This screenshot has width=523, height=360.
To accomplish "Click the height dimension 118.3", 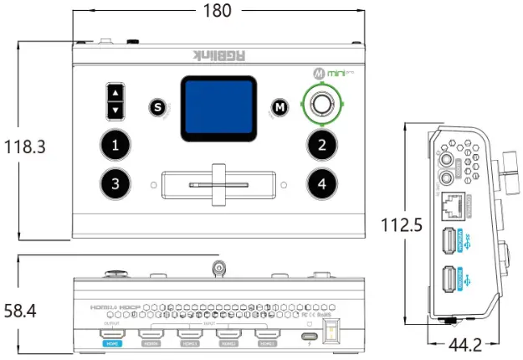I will tap(24, 147).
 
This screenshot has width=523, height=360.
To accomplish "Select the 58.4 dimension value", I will tap(21, 311).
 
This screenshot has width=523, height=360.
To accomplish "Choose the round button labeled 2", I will tap(321, 145).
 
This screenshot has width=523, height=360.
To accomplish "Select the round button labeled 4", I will tap(321, 183).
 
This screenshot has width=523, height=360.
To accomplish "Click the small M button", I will tap(280, 107).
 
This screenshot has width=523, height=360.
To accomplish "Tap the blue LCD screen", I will tap(218, 107).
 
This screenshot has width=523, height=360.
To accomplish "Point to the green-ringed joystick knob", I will tap(322, 105).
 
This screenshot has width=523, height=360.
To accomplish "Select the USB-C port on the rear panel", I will tap(310, 337).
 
